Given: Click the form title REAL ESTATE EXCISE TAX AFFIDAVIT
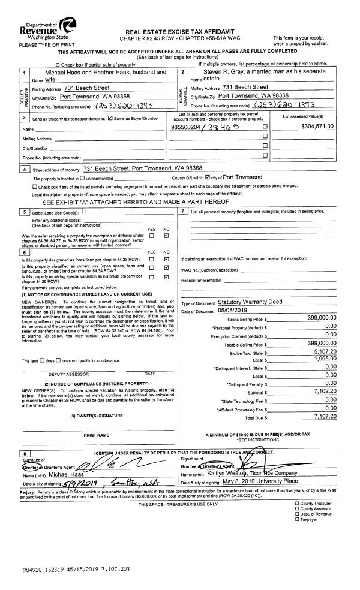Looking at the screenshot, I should [180, 32].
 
